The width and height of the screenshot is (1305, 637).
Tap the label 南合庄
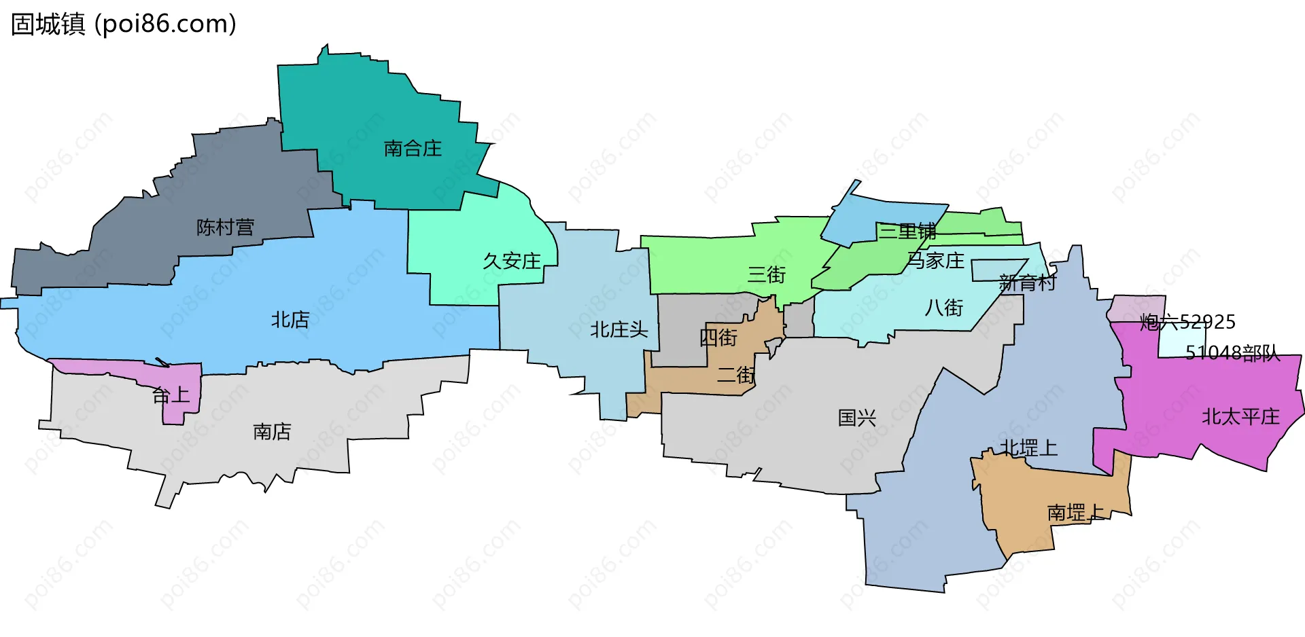click(413, 148)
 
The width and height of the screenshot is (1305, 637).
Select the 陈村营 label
click(225, 227)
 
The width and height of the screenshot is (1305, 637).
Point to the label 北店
click(290, 319)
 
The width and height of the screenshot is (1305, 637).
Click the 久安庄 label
click(512, 261)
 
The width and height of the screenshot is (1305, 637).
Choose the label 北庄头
click(619, 329)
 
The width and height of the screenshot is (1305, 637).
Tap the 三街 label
click(767, 274)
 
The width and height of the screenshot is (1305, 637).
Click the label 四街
click(718, 337)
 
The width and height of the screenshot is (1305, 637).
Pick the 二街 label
click(736, 374)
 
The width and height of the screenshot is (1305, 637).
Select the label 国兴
click(857, 418)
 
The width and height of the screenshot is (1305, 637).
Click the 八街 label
click(944, 308)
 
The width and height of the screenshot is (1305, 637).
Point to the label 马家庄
click(936, 260)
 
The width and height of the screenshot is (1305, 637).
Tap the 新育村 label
click(1028, 282)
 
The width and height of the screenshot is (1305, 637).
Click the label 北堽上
click(1028, 448)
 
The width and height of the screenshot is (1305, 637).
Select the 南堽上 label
click(1075, 512)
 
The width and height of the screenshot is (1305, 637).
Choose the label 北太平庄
click(1240, 416)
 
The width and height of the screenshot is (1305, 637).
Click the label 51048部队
click(1232, 352)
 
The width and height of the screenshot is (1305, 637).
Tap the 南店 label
click(272, 431)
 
